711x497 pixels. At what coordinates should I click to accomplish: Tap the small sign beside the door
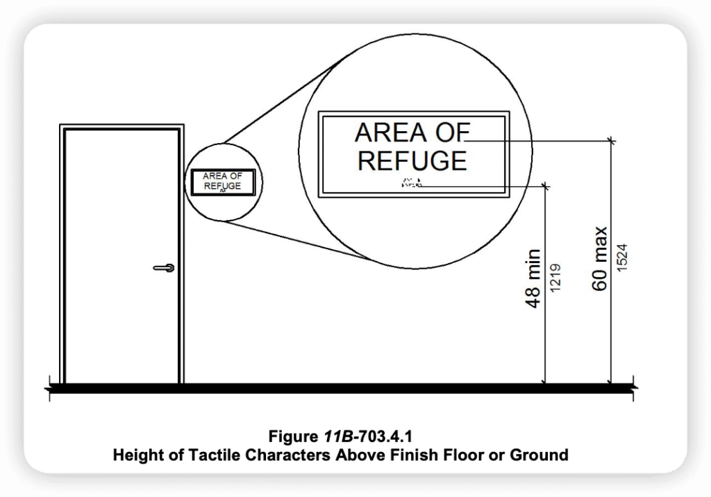[x=222, y=182]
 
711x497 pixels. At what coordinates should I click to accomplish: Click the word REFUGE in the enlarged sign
[x=412, y=160]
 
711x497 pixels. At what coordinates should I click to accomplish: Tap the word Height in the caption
[x=136, y=455]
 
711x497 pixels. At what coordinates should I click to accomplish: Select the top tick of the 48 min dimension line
[x=546, y=185]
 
